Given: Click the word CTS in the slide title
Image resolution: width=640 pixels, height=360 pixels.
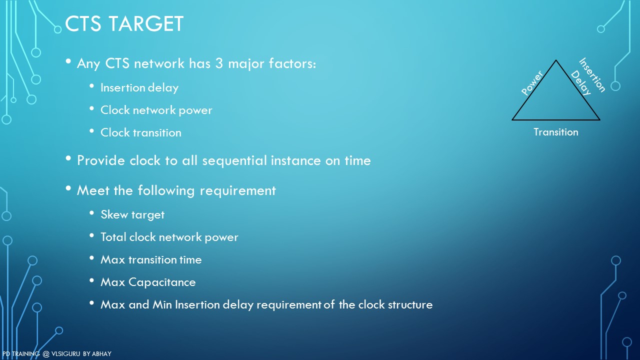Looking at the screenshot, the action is (x=83, y=23).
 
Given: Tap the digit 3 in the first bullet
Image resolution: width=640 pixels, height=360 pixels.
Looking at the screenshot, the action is (x=219, y=63).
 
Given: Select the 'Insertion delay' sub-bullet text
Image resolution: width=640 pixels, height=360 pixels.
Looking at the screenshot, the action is (x=139, y=87).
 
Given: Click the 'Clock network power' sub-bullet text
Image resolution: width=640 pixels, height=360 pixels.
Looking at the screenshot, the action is (x=156, y=110).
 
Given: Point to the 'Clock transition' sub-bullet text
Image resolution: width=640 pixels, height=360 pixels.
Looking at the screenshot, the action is (x=141, y=132).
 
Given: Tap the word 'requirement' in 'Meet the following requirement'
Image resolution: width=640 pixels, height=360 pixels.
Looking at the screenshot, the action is (x=237, y=191).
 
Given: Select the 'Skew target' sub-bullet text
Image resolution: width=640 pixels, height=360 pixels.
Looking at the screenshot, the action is (x=132, y=215).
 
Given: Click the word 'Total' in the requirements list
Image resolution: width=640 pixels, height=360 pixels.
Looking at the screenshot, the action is (x=113, y=237).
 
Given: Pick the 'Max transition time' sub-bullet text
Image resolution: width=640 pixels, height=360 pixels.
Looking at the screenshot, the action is (x=151, y=259).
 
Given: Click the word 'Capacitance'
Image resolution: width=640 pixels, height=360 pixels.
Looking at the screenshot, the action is (x=162, y=282).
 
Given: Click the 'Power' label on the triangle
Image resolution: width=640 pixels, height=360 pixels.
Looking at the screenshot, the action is (x=532, y=83).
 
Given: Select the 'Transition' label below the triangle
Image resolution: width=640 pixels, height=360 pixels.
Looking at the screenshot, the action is (x=556, y=132).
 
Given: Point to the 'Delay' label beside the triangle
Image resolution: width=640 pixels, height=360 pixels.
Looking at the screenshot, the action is (x=581, y=83).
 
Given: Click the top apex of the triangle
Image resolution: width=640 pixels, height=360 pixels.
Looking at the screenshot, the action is (x=555, y=60).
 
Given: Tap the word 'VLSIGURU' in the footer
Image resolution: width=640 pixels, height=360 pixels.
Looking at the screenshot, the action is (x=65, y=353).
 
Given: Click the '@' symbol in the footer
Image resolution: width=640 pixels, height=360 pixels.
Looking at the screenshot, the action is (x=46, y=354).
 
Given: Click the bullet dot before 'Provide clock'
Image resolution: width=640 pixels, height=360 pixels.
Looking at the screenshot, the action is (x=68, y=158).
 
